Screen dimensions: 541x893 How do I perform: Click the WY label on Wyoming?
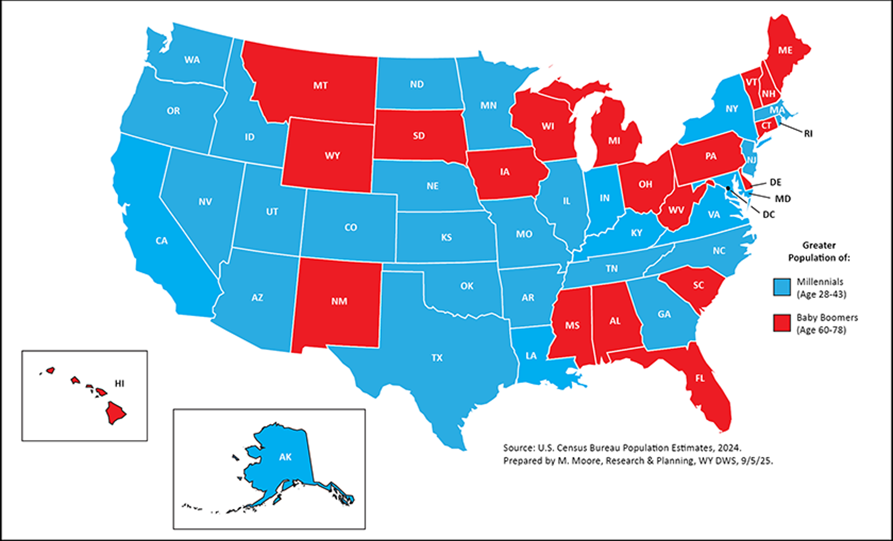tap(332, 156)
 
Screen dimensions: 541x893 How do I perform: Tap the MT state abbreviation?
tap(320, 85)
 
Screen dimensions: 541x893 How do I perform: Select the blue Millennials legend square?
tap(782, 287)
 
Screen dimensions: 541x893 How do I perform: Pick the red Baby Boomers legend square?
tap(782, 323)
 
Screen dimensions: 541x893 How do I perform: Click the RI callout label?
tap(808, 134)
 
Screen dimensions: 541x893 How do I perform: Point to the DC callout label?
tap(769, 215)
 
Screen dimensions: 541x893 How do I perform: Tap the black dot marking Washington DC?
tap(728, 188)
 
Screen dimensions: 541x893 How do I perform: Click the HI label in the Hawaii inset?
tap(120, 383)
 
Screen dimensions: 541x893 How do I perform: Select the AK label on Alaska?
tap(285, 457)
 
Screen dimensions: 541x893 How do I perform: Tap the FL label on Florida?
tap(700, 378)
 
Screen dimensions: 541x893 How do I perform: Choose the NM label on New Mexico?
tap(339, 301)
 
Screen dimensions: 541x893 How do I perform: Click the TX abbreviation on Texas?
tap(437, 358)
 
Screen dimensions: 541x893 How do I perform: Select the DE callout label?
tap(775, 182)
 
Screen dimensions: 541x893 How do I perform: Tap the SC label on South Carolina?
tap(698, 285)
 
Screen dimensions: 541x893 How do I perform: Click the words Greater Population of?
tap(819, 252)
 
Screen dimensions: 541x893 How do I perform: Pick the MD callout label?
tap(783, 199)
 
